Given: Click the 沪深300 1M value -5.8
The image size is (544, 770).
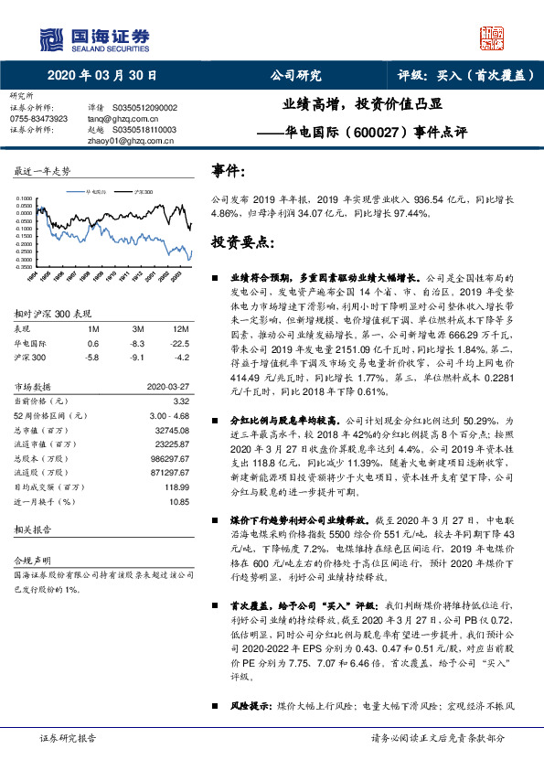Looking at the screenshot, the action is point(92,357).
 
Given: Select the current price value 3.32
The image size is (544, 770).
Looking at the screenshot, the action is point(181,401).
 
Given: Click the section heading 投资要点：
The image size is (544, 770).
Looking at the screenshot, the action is point(242,241).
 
